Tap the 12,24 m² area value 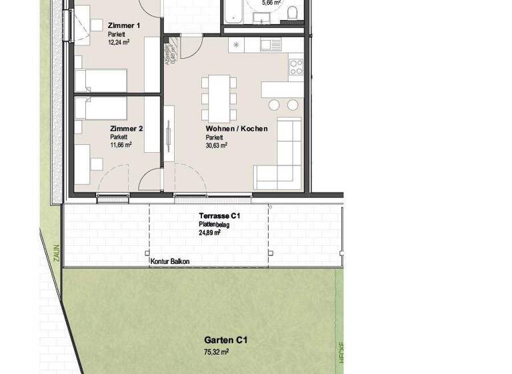[x=119, y=41]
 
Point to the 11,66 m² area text [x=121, y=144]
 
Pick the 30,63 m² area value [x=217, y=144]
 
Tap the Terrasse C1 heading [x=219, y=216]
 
